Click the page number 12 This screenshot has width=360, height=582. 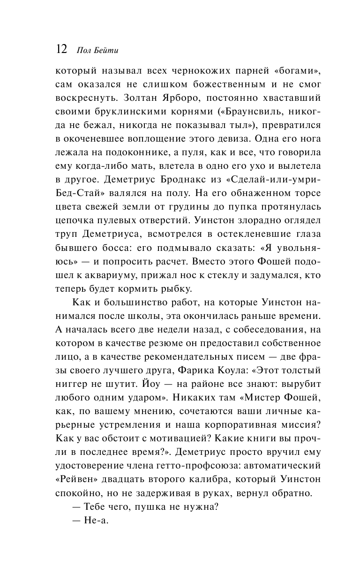coord(61,49)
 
